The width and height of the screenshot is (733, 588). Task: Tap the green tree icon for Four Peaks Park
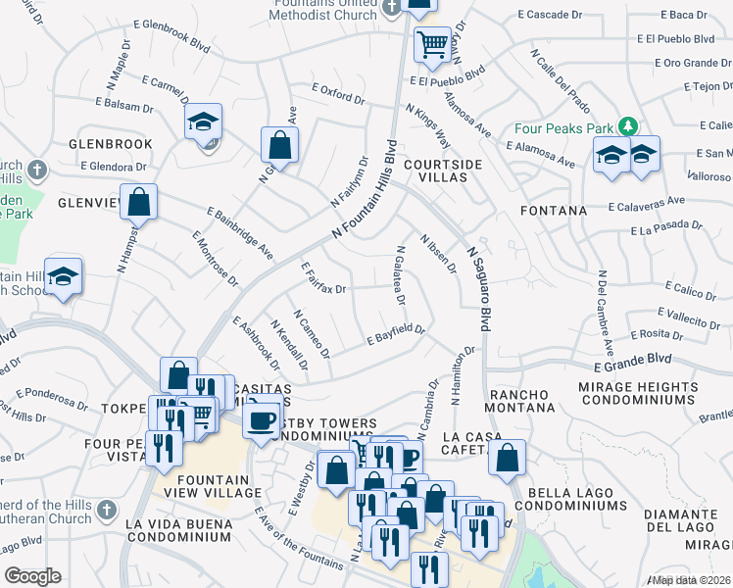click(x=627, y=127)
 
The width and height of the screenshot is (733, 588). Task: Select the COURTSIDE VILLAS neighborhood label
click(x=443, y=171)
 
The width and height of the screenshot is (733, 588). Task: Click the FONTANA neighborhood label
click(x=554, y=211)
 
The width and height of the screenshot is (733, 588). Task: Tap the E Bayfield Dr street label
click(x=396, y=335)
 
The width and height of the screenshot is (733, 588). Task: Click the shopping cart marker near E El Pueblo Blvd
click(x=431, y=44)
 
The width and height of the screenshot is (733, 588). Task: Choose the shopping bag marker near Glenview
click(x=140, y=203)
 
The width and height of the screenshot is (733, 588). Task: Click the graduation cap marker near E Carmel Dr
click(x=204, y=122)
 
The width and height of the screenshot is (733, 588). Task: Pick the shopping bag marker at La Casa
click(x=507, y=457)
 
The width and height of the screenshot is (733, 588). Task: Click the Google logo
click(x=33, y=575)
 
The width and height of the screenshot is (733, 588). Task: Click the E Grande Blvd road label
click(x=633, y=362)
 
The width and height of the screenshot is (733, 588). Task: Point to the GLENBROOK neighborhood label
click(x=111, y=144)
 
